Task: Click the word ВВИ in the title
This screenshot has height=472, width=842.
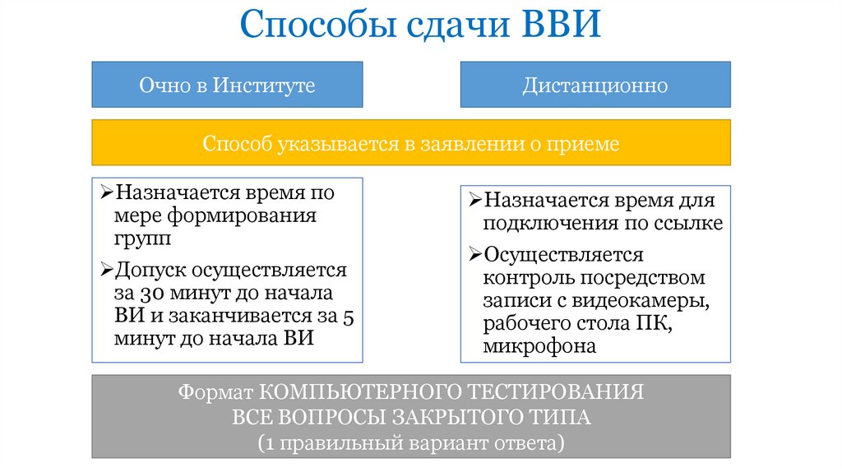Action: pyautogui.click(x=562, y=27)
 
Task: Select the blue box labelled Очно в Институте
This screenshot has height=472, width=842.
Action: pyautogui.click(x=227, y=85)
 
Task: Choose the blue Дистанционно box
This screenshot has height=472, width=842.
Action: pyautogui.click(x=595, y=85)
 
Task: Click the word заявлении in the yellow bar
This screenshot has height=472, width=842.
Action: pyautogui.click(x=470, y=144)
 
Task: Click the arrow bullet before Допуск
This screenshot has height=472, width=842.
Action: pyautogui.click(x=107, y=271)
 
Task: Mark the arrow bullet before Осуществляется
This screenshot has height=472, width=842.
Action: pyautogui.click(x=475, y=254)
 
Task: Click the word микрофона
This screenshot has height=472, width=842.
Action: pyautogui.click(x=539, y=346)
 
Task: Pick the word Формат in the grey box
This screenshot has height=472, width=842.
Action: pyautogui.click(x=215, y=391)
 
